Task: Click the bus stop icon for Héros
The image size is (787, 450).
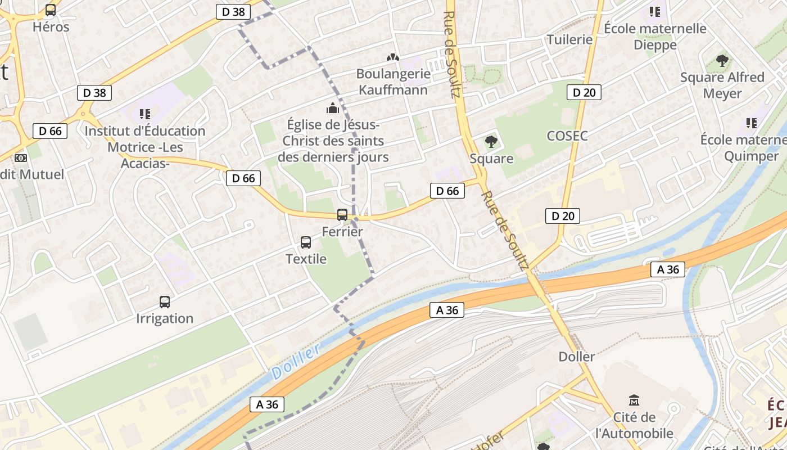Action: [x=51, y=10]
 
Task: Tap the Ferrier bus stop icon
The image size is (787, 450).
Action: [x=342, y=214]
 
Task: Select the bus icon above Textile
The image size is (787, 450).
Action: [x=306, y=242]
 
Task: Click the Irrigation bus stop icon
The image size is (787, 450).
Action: [x=165, y=302]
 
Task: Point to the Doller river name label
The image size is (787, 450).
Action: [x=296, y=361]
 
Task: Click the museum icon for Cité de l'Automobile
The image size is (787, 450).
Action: [x=635, y=400]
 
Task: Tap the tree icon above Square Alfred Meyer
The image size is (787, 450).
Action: [x=722, y=60]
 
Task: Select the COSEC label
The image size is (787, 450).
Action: [x=567, y=136]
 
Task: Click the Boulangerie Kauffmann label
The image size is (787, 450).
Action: [x=393, y=82]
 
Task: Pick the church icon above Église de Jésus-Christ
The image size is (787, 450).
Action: [x=333, y=107]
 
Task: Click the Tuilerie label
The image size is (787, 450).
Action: [x=570, y=39]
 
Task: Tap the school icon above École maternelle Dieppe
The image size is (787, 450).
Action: [x=654, y=11]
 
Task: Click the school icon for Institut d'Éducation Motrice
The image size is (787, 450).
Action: [x=145, y=114]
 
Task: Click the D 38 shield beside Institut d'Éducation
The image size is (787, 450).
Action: [x=94, y=93]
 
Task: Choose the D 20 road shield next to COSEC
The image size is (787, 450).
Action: [x=584, y=92]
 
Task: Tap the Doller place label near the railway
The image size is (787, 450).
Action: [x=577, y=357]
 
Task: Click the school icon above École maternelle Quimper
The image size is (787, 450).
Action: [x=751, y=123]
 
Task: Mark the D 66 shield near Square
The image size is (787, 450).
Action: [x=447, y=191]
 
